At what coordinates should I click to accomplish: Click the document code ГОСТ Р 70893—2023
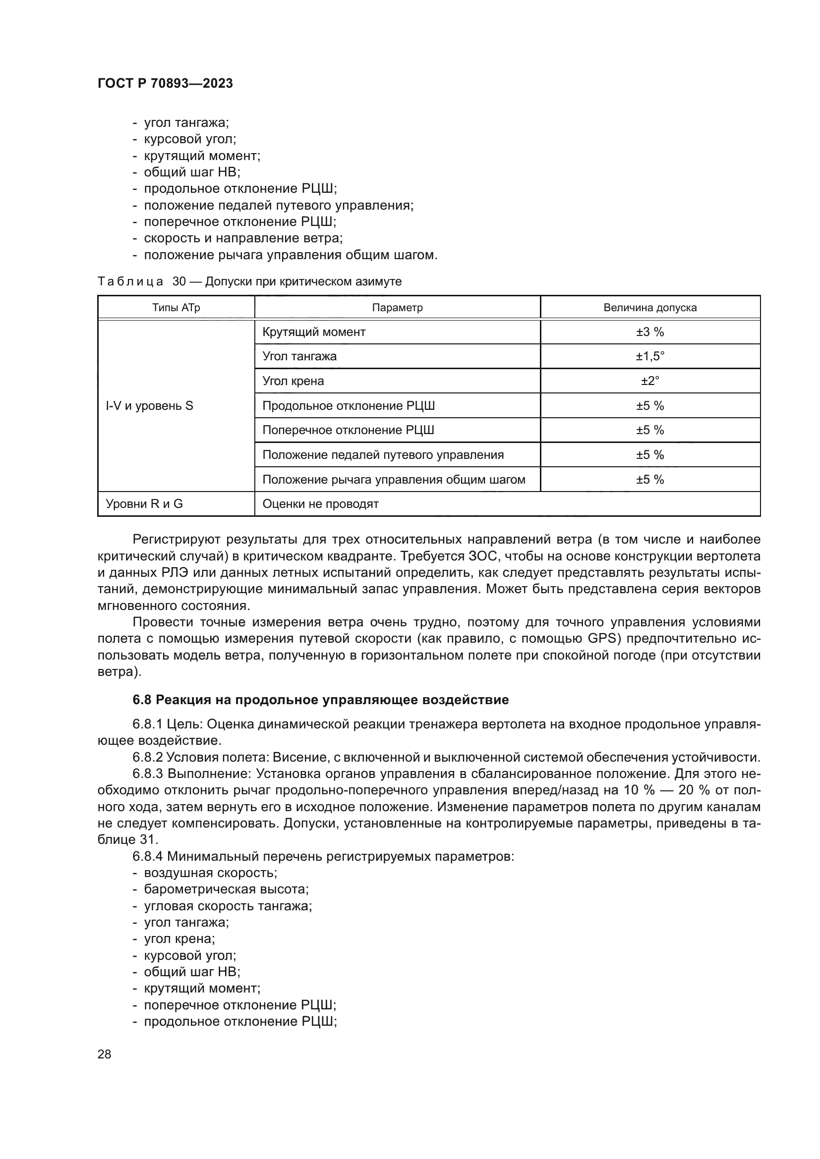165,83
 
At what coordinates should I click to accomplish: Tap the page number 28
104,1054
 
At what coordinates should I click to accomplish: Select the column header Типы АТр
176,307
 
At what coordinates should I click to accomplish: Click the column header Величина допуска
650,307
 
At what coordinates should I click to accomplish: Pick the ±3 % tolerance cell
650,331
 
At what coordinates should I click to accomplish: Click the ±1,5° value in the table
650,356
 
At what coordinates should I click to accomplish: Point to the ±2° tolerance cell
650,381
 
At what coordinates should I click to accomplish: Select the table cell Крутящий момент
313,331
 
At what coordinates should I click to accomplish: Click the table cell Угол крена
293,381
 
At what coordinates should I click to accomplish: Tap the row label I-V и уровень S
149,406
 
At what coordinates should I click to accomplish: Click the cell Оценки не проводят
321,504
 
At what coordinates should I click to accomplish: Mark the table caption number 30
179,281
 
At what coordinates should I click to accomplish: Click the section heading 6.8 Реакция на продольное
321,700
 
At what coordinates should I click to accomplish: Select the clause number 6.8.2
148,757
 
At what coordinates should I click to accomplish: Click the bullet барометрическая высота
226,889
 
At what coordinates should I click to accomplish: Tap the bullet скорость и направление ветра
243,238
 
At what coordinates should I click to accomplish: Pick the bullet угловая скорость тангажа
228,906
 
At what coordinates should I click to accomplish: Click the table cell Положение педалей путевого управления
383,455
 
